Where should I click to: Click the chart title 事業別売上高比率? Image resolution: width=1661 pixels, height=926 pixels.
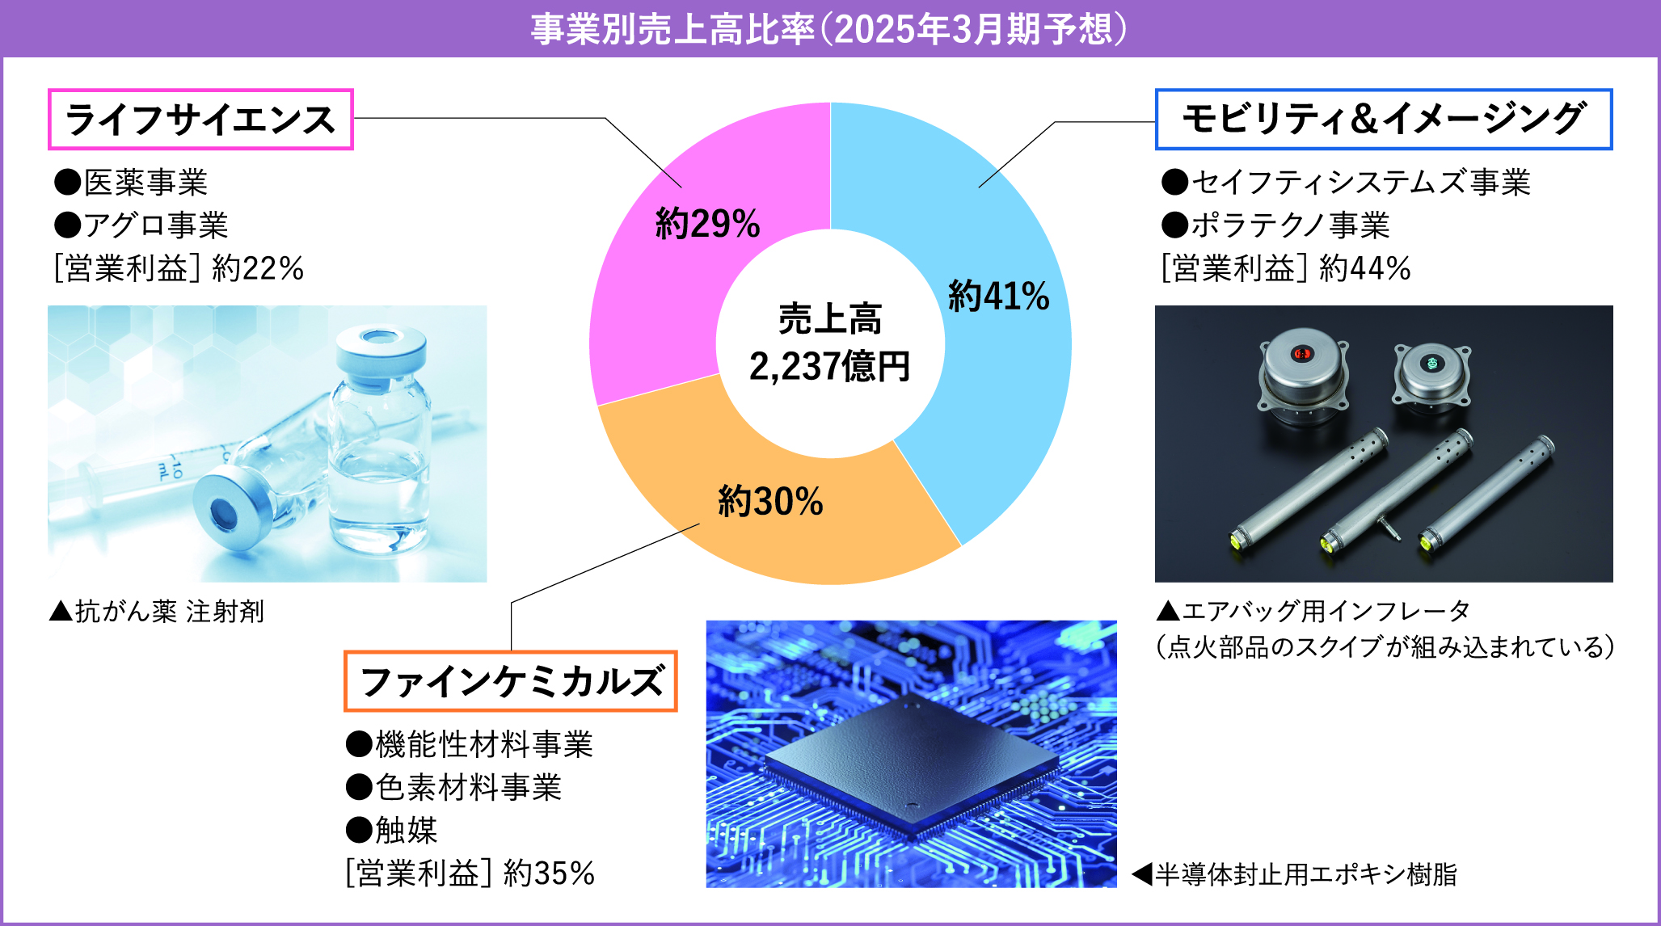click(x=672, y=29)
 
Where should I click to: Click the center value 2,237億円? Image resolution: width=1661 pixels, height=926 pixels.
click(x=830, y=366)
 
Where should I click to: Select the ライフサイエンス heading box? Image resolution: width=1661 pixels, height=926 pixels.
click(x=200, y=120)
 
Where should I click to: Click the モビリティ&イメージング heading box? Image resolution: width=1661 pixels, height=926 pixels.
click(x=1384, y=119)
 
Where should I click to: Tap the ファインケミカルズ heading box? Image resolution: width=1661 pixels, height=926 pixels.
click(x=511, y=681)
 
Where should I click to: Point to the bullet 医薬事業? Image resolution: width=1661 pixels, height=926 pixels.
click(x=131, y=183)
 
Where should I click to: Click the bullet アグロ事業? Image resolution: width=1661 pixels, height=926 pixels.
click(x=141, y=225)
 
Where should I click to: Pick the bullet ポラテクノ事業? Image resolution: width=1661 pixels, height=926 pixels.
click(x=1275, y=225)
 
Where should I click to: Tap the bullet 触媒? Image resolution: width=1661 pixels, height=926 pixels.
click(x=392, y=830)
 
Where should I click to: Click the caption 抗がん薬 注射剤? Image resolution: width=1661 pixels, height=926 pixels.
click(x=157, y=612)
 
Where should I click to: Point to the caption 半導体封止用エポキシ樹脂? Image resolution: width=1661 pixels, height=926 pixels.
click(x=1295, y=874)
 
